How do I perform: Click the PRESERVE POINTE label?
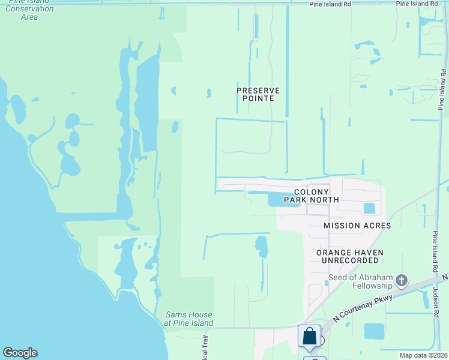tap(258, 94)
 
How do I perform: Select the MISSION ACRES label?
tap(357, 226)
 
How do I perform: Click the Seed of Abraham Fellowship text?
tap(360, 281)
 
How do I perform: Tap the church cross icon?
tap(402, 280)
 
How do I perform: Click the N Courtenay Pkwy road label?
tap(364, 306)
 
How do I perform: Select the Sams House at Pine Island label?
tap(189, 319)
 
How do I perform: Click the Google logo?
tap(20, 353)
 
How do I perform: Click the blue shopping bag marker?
tap(309, 335)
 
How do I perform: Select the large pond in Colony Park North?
tap(283, 199)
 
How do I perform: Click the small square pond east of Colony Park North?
tap(369, 208)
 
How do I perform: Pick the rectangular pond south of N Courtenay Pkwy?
tap(374, 331)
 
